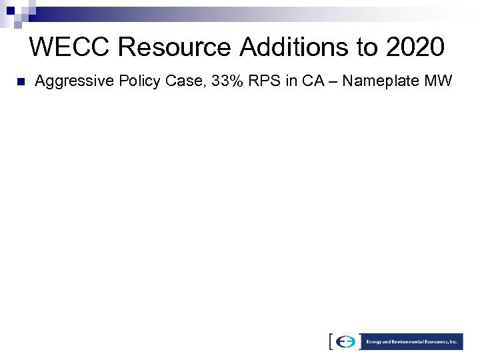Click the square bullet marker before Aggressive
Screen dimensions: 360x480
[x=20, y=83]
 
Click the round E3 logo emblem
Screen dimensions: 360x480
[x=347, y=341]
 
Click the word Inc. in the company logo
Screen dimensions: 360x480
[x=453, y=341]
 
